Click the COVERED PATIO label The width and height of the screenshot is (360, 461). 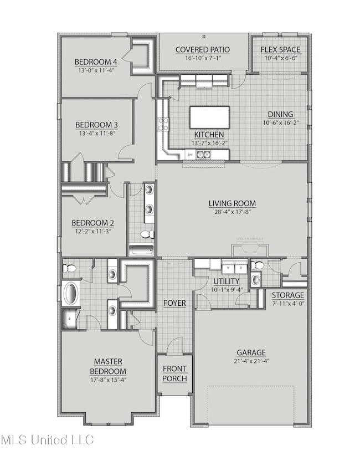coord(203,50)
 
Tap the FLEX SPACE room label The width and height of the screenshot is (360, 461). coord(280,50)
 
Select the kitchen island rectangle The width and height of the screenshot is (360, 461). coord(208,117)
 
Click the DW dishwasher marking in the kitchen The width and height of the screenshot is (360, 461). coord(190,155)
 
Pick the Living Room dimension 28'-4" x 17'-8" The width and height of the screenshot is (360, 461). coord(232,212)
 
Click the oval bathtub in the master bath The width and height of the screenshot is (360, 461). coord(71,293)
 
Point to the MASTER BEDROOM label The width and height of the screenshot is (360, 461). coord(108,366)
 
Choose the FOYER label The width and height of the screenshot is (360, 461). coord(174,304)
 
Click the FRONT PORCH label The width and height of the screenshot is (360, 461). coord(174,374)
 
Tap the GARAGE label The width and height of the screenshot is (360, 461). coord(251,352)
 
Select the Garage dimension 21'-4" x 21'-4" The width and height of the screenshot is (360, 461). coord(251,361)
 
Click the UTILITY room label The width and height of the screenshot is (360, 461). coord(227,281)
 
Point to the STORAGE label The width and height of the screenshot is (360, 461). coord(287,295)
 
